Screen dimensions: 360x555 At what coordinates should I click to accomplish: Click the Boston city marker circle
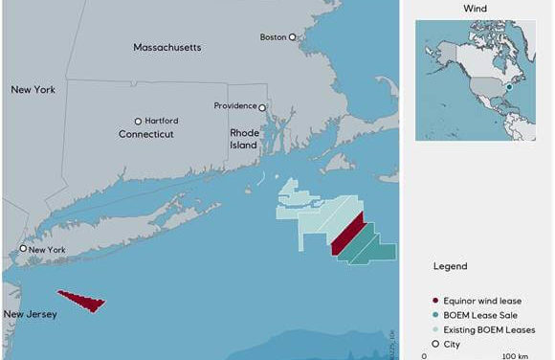(x=294, y=37)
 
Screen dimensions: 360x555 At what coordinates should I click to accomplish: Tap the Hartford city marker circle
(x=138, y=122)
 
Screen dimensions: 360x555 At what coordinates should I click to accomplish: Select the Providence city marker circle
(x=262, y=107)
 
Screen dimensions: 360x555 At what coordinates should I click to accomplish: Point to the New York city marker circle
(x=24, y=249)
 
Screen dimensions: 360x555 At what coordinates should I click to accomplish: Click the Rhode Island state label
(x=243, y=140)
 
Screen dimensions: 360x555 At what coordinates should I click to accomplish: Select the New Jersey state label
(x=30, y=314)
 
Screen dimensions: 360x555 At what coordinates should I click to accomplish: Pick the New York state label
(x=33, y=89)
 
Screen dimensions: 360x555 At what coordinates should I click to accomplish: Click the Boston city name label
(x=273, y=37)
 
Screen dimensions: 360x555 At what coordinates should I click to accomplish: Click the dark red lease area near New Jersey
(x=83, y=302)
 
